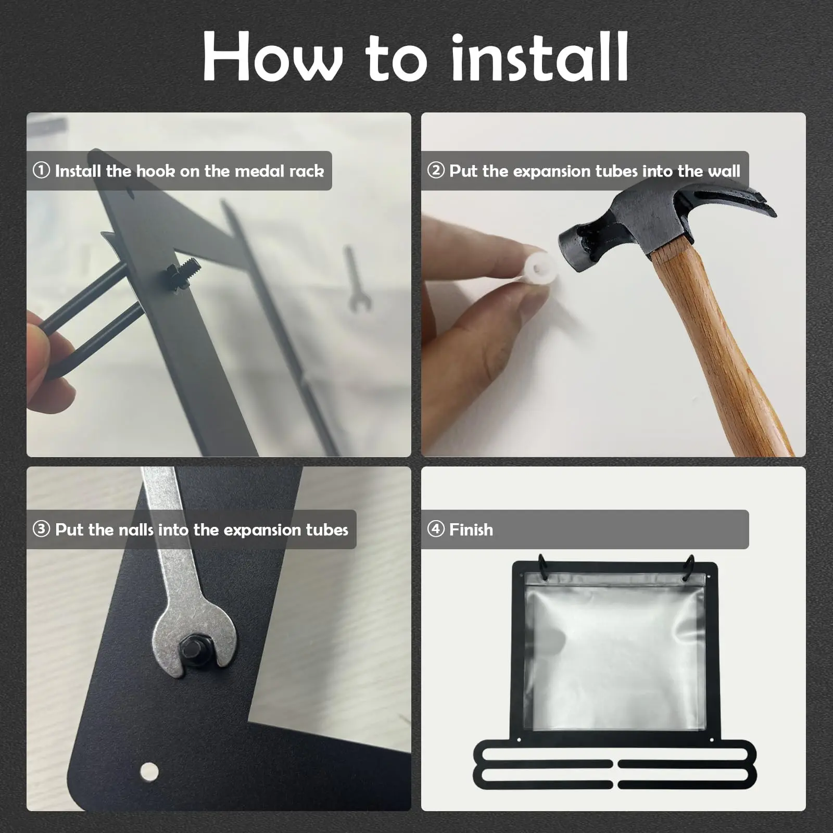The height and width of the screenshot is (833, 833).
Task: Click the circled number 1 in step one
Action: pyautogui.click(x=41, y=170)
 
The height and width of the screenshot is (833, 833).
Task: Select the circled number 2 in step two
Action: pyautogui.click(x=436, y=170)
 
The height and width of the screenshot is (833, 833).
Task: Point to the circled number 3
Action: pyautogui.click(x=41, y=529)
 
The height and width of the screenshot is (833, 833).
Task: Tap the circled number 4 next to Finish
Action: pyautogui.click(x=436, y=529)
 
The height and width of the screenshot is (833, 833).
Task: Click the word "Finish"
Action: pyautogui.click(x=471, y=529)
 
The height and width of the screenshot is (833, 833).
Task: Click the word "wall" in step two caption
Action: pyautogui.click(x=724, y=171)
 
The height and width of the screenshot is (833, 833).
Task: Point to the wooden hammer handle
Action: pyautogui.click(x=724, y=349)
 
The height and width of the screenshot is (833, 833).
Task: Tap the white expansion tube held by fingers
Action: pyautogui.click(x=539, y=268)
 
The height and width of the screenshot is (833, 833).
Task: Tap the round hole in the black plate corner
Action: pyautogui.click(x=149, y=771)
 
